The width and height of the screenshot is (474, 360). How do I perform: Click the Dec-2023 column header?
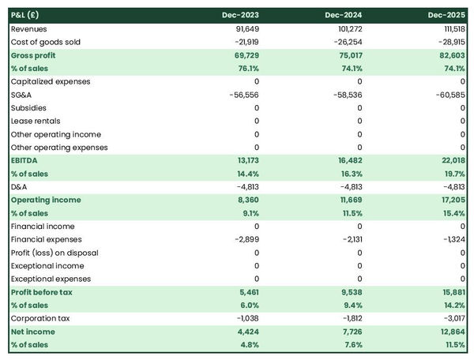pos(240,15)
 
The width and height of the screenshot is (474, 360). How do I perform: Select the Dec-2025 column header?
pos(446,15)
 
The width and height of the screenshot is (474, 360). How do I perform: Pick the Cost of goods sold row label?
pos(46,42)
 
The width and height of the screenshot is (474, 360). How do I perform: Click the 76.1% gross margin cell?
pos(246,68)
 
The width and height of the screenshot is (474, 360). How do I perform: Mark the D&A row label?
pos(20,187)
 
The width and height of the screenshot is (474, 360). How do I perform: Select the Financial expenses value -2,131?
pos(349,239)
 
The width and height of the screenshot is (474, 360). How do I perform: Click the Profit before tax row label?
pos(43,292)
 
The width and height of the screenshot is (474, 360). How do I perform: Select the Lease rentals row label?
pos(34,121)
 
